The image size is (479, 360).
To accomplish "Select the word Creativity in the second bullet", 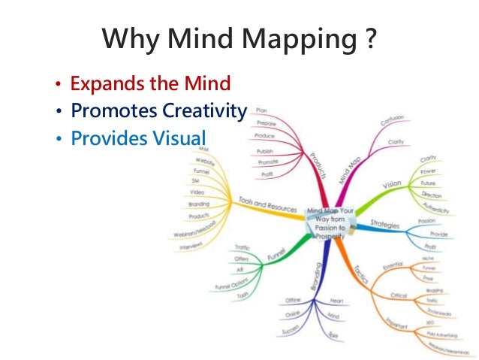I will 203,111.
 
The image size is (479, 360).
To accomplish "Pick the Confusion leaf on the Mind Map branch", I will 393,121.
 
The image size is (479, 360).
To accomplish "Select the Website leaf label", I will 203,160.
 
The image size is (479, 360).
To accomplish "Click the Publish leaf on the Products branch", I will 265,150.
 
